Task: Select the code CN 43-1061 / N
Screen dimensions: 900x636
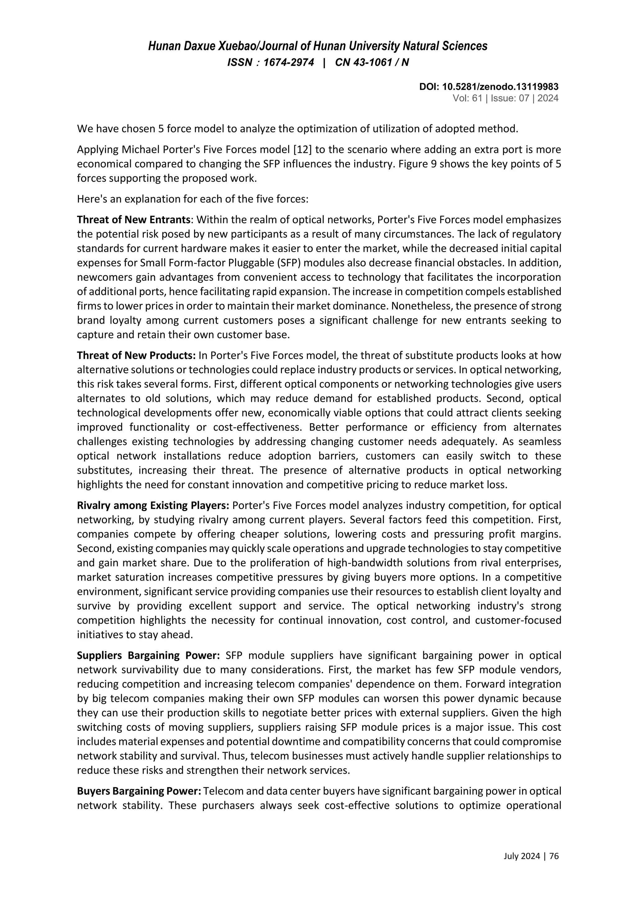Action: [x=372, y=63]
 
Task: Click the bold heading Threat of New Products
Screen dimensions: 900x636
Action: [x=136, y=356]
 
